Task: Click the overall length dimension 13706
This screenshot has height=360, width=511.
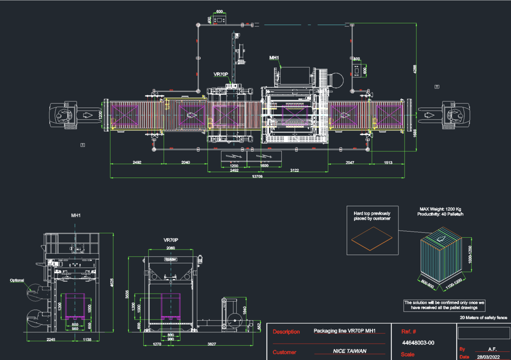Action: click(257, 176)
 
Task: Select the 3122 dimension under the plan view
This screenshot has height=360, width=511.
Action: click(295, 170)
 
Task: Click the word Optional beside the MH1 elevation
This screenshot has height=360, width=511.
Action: click(17, 280)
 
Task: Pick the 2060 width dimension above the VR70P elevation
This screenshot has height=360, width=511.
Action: click(170, 248)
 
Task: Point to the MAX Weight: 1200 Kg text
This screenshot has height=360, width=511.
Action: click(440, 209)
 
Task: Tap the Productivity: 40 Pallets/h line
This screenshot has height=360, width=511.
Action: click(440, 214)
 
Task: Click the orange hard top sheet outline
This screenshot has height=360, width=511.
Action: click(372, 238)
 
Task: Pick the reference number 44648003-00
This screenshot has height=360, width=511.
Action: click(418, 343)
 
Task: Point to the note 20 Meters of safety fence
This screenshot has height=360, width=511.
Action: click(483, 318)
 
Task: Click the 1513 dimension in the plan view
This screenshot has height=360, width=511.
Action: click(388, 162)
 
